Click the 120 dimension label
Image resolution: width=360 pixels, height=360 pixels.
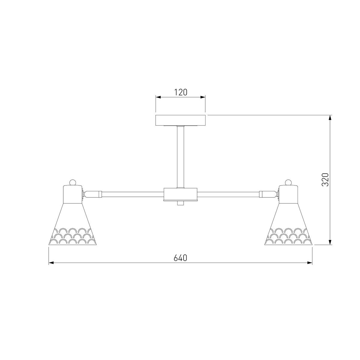click(181, 92)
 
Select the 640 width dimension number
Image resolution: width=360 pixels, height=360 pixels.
click(180, 258)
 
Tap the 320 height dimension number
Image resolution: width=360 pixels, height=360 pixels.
click(325, 179)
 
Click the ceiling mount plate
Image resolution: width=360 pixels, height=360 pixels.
click(181, 121)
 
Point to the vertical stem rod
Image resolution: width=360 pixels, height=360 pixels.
click(181, 157)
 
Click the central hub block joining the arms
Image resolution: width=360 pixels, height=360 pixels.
click(180, 194)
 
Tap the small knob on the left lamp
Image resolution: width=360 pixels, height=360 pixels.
click(73, 182)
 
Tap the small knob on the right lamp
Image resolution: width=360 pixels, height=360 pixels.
click(288, 182)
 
